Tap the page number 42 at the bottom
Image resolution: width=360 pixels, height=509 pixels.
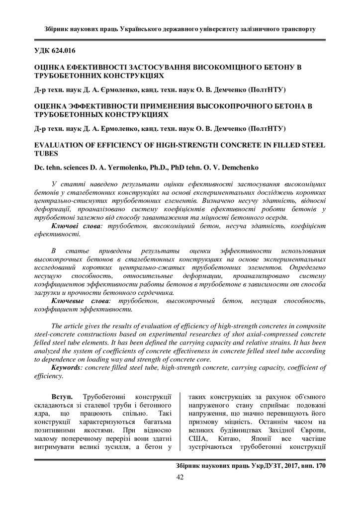click(x=180, y=478)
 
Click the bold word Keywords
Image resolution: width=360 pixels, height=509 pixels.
click(x=68, y=368)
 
